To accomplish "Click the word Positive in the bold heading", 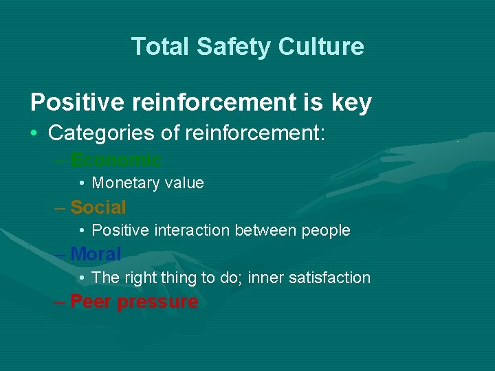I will coord(76,102).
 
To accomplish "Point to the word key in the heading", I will coord(351,103).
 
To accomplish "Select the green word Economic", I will coord(116,160).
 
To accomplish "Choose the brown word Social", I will coord(98,207).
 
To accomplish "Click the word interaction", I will coord(190,230).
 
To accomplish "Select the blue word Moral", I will coord(96,254).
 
